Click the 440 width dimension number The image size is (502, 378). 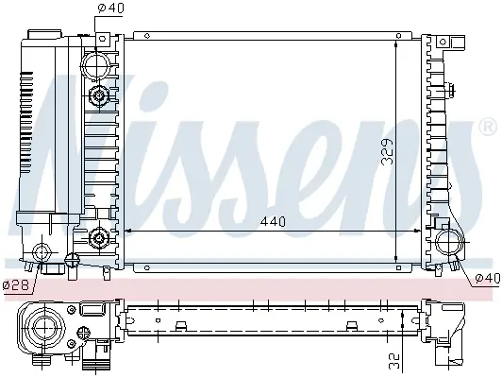(273, 221)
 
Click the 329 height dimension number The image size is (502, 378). (388, 151)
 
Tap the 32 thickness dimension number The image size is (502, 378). (394, 361)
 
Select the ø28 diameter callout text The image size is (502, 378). (16, 284)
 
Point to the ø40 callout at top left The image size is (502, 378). (110, 8)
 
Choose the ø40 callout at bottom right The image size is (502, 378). (487, 278)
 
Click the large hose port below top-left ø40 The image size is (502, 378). (95, 65)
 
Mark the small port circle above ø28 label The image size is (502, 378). (42, 252)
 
